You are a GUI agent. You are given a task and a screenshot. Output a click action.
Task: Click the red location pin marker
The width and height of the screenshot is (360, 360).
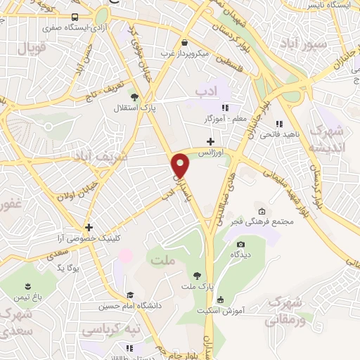(182, 166)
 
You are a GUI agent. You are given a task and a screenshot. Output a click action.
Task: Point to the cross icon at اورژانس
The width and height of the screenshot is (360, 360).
(210, 142)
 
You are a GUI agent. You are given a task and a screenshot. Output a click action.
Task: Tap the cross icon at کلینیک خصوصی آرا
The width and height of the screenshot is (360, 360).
(89, 227)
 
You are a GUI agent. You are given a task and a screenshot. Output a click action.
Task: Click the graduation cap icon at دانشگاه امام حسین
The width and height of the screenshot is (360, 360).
(129, 295)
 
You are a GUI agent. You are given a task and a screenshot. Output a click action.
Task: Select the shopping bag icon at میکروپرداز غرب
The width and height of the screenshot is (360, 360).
(184, 41)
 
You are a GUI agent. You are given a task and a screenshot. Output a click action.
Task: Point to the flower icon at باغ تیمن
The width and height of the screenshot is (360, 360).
(27, 286)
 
